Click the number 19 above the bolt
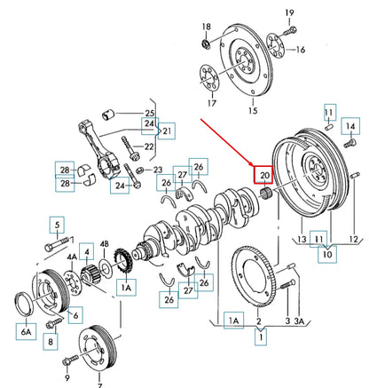(289, 11)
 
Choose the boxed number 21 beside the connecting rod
(168, 131)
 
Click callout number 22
(148, 146)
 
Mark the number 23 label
(157, 170)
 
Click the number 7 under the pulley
(98, 385)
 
